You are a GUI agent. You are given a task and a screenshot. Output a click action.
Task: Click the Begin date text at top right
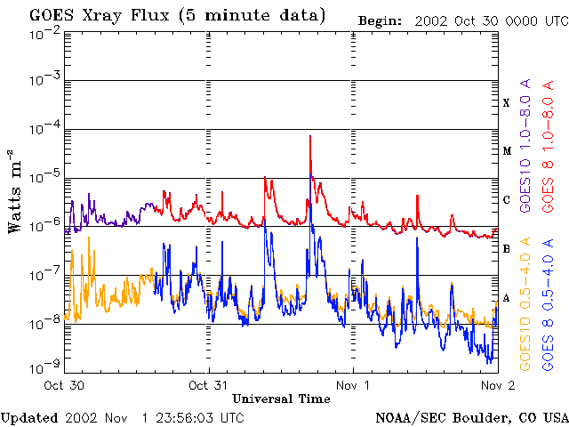(x=462, y=20)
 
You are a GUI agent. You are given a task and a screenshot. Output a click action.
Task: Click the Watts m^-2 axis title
(x=14, y=190)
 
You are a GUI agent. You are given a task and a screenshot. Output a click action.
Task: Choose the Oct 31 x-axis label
(x=210, y=386)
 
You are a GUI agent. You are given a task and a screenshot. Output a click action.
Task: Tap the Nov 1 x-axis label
(x=354, y=386)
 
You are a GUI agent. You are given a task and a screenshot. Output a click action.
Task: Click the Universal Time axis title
(x=281, y=399)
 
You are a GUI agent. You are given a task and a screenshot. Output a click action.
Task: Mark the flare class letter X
(x=507, y=103)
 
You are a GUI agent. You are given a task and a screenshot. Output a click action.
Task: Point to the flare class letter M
(x=507, y=151)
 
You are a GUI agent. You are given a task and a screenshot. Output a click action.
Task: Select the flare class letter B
(x=507, y=248)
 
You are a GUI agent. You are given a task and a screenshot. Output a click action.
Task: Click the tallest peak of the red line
(x=309, y=136)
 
